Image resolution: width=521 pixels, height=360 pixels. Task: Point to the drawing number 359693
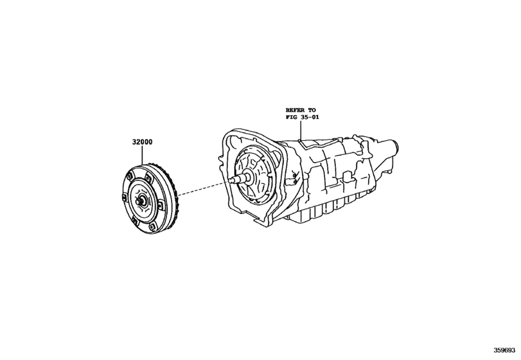click(x=506, y=351)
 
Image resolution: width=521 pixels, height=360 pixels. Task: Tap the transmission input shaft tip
click(x=230, y=182)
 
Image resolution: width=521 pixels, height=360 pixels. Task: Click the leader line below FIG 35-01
click(x=300, y=130)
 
